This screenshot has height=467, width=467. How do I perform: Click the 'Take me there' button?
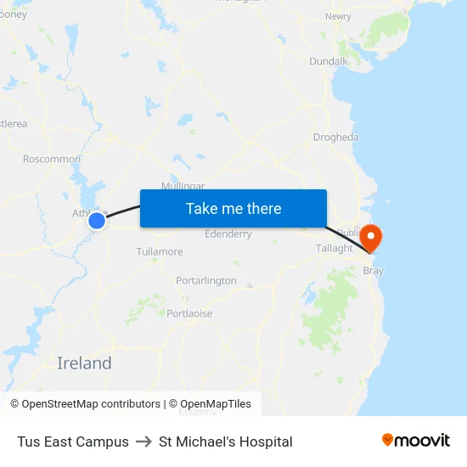233,208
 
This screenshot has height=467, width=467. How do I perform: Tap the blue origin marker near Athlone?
97,221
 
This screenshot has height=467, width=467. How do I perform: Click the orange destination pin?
371,237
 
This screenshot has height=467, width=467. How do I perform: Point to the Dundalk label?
329,61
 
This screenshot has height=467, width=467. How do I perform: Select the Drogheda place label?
335,137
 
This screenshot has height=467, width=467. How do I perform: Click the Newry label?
338,16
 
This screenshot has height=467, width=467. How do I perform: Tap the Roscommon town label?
52,159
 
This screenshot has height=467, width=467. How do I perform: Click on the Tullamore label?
160,251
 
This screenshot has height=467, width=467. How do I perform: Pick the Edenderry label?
228,234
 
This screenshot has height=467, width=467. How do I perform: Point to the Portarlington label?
206,280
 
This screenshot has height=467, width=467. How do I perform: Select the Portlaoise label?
189,313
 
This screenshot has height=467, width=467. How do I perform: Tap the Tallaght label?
335,248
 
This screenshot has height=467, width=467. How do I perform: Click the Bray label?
374,271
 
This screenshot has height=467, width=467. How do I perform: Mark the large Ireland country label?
84,363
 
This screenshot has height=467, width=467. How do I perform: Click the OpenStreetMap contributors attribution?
86,404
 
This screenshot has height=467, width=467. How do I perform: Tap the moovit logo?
416,440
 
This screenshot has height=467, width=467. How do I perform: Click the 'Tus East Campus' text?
73,442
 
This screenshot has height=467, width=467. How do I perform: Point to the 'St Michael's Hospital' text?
226,442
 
